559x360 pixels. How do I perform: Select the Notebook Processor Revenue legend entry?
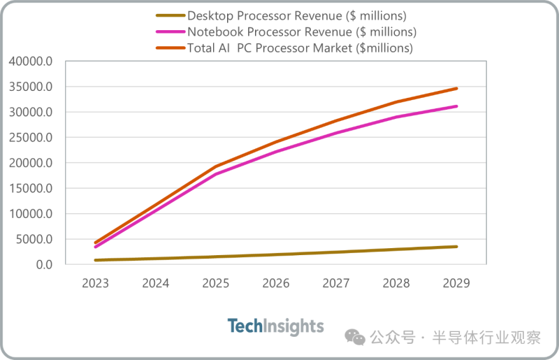pyautogui.click(x=301, y=31)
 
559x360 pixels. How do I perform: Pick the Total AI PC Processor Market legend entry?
pyautogui.click(x=300, y=48)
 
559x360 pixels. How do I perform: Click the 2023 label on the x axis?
pyautogui.click(x=96, y=283)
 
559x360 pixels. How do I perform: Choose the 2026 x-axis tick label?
pyautogui.click(x=277, y=283)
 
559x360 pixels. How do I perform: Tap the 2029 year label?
pyautogui.click(x=457, y=283)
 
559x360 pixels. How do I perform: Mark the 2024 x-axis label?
pyautogui.click(x=156, y=283)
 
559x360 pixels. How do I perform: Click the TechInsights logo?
pyautogui.click(x=276, y=326)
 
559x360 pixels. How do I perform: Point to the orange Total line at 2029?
pyautogui.click(x=457, y=89)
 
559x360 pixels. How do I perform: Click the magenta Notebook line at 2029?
pyautogui.click(x=457, y=106)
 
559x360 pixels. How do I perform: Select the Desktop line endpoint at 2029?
pyautogui.click(x=457, y=246)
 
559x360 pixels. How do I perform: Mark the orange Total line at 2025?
pyautogui.click(x=216, y=166)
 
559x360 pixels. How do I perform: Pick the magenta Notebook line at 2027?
pyautogui.click(x=337, y=133)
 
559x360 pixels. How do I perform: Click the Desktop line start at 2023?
pyautogui.click(x=96, y=260)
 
